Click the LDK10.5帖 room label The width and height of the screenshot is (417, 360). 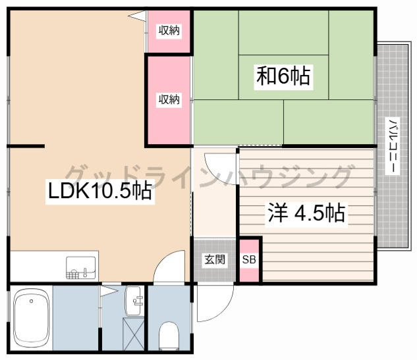point(99,190)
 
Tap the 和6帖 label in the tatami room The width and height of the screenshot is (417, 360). point(283,76)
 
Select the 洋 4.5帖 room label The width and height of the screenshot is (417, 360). point(306,213)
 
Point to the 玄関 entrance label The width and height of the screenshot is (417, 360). point(215,259)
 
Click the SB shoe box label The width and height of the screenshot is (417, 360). point(249,259)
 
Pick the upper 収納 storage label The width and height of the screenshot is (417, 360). point(169,31)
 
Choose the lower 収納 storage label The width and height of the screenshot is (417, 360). point(169,99)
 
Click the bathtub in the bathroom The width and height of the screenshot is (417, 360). point(32,318)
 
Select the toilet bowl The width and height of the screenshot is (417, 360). point(169,335)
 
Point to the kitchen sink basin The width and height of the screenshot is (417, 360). point(80,268)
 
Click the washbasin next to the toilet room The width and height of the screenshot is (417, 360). point(133,301)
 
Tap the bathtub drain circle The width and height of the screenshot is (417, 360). point(32,301)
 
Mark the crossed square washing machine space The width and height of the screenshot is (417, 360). point(133,333)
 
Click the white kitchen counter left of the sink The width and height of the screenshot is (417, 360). point(38,266)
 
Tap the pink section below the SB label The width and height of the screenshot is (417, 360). point(249,274)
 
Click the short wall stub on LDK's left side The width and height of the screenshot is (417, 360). point(26,146)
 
